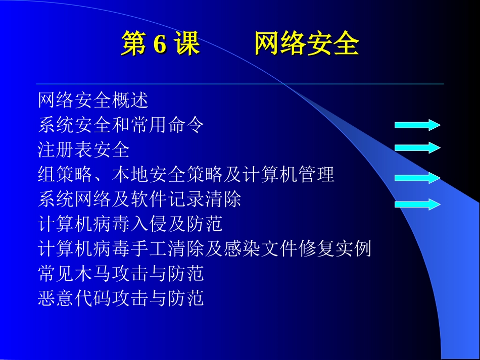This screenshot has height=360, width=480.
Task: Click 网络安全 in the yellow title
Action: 306,44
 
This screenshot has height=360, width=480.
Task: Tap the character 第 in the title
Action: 133,44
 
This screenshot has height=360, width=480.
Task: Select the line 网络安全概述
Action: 93,100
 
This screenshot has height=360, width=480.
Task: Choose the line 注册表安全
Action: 84,150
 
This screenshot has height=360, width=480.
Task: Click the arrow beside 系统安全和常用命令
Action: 417,125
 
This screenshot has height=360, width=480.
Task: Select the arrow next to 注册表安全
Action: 417,148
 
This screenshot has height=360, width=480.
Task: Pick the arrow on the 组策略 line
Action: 417,178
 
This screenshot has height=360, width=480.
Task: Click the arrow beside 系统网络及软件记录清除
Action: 417,204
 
